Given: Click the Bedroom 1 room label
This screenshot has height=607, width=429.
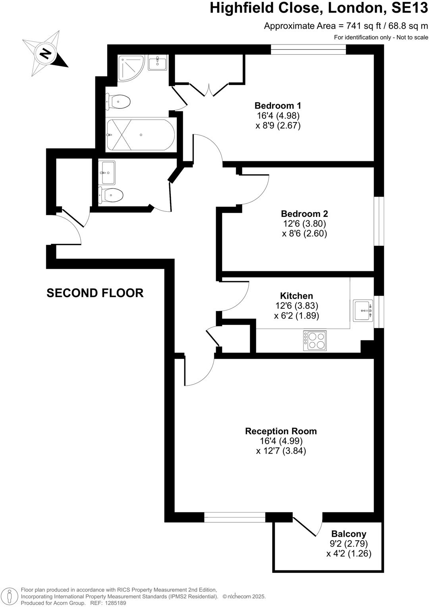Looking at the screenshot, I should tap(278, 106).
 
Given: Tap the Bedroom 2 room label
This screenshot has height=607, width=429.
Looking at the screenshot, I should tap(304, 214).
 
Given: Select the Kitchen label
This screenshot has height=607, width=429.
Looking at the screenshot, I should tap(296, 296).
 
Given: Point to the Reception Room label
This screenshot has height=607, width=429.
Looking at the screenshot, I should tap(281, 431).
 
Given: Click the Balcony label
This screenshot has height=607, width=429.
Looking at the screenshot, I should tap(349, 534).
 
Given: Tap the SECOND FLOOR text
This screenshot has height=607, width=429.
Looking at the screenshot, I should tap(95, 293).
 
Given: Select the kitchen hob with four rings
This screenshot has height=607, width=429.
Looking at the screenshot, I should tap(315, 340).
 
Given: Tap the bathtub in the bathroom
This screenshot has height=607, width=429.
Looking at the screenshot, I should tap(140, 135).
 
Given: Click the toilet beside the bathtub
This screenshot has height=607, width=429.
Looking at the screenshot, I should tap(119, 102).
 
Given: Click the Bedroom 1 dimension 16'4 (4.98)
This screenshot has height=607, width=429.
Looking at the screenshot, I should tap(278, 116).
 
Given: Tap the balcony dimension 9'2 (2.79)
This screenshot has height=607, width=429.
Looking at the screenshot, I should tap(349, 543).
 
